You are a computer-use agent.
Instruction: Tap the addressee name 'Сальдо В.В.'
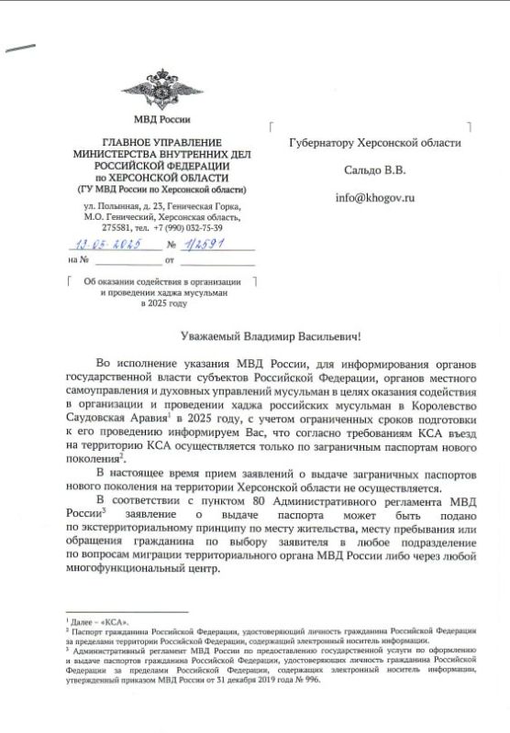pyautogui.click(x=374, y=170)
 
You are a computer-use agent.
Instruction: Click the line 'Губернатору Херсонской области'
pyautogui.click(x=374, y=143)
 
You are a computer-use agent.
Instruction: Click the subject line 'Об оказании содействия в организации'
pyautogui.click(x=161, y=281)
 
